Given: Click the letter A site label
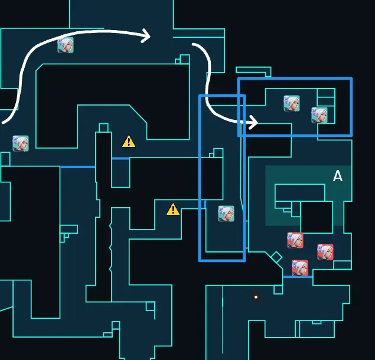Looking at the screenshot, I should pos(338,176).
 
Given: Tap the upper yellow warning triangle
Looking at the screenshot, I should pos(129,141).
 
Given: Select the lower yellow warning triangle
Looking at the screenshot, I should pos(172,209).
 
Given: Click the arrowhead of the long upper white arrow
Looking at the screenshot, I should pos(146,36).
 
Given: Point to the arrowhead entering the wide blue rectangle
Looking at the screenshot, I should pos(253,123).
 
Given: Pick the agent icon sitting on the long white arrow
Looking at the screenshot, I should pos(66,45).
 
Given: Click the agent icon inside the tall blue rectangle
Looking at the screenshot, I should pos(226,214).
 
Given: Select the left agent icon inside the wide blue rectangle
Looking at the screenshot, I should pos(291,103).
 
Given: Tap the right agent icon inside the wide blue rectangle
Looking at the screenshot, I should pos(319,115).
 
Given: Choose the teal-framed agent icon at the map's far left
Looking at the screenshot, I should pos(21,143).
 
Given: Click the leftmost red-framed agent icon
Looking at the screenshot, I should pos(295,240).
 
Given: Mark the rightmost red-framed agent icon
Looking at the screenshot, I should pos(325,252).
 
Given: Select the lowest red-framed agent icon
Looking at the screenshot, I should pos(299,268).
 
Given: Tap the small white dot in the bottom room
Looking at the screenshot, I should pos(256,297).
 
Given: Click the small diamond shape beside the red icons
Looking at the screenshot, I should pos(276,257).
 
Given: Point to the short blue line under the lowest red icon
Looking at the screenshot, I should pos(298,277).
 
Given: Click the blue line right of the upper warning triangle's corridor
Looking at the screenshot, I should pos(120,158).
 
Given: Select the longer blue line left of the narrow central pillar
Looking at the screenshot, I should pos(77,167).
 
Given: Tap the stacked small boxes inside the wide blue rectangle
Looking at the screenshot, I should pos(326,97).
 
